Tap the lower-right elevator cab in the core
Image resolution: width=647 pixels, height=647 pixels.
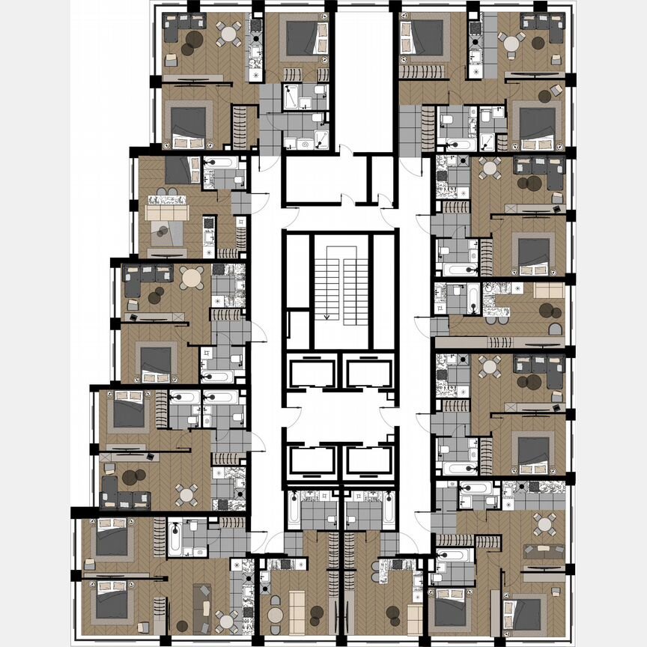pos(368,461)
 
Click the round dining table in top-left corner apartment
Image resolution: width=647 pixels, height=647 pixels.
pos(229,34)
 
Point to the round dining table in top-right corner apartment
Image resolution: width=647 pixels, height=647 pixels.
pos(512,43)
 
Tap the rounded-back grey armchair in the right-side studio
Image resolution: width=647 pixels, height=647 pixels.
pos(555,329)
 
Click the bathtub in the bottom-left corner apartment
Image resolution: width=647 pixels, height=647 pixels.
pos(175,538)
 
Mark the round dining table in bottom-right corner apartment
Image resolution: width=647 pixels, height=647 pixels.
pos(544,522)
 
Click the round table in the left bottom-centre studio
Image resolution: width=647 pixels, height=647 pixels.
pos(276,615)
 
